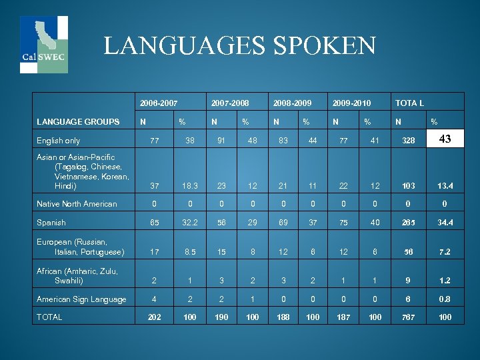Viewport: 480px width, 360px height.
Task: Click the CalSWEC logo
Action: click(x=43, y=44)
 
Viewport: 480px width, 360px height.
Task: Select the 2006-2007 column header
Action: click(x=159, y=103)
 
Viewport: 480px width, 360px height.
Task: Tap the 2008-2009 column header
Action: click(x=292, y=103)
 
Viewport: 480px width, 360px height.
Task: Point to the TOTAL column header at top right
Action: click(x=409, y=103)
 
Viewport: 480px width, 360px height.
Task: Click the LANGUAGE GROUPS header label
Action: click(x=78, y=122)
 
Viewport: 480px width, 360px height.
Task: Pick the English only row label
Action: click(x=59, y=141)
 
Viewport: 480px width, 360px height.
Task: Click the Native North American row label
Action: click(x=77, y=204)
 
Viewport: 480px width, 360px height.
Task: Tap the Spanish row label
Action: click(x=51, y=223)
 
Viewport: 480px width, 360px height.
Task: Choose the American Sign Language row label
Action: click(x=81, y=299)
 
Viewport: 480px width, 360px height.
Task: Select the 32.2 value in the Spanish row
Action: click(x=190, y=223)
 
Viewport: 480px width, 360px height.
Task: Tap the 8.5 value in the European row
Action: click(x=190, y=252)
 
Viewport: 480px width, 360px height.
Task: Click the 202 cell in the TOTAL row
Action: click(x=153, y=317)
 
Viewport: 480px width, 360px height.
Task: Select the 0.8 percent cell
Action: click(x=445, y=299)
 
